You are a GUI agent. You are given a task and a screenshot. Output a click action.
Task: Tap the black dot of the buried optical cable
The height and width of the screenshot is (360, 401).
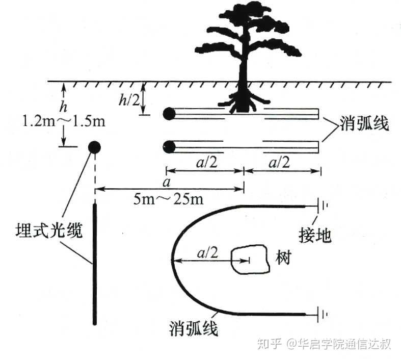click(x=94, y=147)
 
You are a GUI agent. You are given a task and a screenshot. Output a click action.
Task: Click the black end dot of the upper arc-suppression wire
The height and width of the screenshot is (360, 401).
click(x=169, y=114)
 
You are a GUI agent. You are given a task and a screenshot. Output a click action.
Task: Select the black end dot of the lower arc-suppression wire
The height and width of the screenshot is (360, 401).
click(x=169, y=147)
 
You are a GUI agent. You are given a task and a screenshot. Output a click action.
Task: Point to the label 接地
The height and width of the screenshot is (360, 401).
click(x=315, y=235)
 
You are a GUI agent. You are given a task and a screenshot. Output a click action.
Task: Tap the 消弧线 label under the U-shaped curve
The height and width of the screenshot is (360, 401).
click(x=194, y=329)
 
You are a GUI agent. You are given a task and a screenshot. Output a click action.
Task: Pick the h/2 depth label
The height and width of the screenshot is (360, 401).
click(x=129, y=100)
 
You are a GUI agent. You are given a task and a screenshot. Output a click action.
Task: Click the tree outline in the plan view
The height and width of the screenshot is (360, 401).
click(x=249, y=261)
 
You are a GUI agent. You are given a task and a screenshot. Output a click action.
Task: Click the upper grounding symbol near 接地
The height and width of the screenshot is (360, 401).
click(x=323, y=207)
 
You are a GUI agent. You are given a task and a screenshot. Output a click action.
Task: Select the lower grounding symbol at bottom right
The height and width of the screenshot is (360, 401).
click(x=323, y=314)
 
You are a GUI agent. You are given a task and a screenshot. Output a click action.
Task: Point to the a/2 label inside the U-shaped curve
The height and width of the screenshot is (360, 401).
click(x=205, y=251)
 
